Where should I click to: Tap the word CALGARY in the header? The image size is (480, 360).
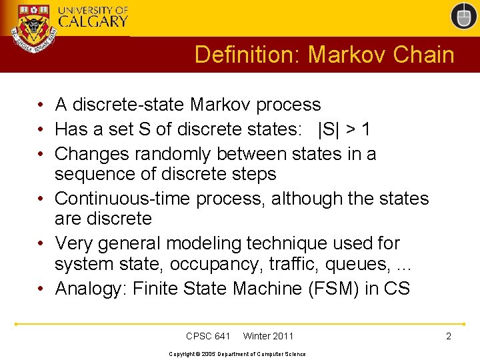pyautogui.click(x=93, y=21)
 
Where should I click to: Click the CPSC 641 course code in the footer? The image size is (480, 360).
pyautogui.click(x=208, y=336)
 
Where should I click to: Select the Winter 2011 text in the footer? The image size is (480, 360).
pyautogui.click(x=268, y=336)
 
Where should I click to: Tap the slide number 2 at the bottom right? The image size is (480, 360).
pyautogui.click(x=449, y=336)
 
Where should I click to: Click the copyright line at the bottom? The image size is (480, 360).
pyautogui.click(x=237, y=354)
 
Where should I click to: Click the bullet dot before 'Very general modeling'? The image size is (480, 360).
pyautogui.click(x=41, y=243)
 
